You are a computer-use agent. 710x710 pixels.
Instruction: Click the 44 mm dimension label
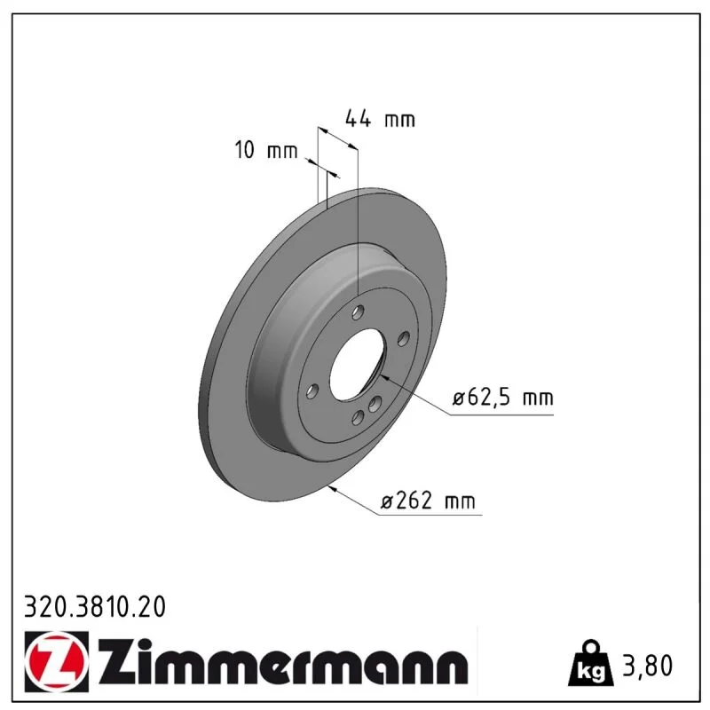[x=380, y=119]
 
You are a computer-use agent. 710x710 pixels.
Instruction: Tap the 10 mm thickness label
[x=266, y=150]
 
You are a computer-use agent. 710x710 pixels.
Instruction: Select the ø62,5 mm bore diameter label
[x=503, y=398]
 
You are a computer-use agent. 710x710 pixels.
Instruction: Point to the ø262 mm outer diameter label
[x=428, y=501]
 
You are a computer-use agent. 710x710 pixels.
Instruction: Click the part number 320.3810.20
[x=95, y=607]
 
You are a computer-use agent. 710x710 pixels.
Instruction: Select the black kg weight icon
[x=591, y=663]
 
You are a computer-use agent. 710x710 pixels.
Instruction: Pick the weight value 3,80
[x=648, y=667]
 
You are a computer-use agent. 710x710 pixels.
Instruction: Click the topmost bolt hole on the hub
[x=359, y=312]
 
